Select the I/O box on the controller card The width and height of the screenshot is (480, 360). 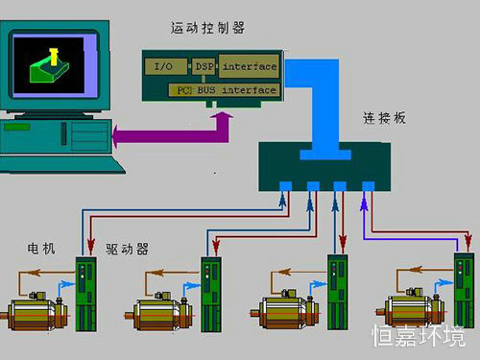tap(163, 67)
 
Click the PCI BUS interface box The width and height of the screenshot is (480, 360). tap(227, 90)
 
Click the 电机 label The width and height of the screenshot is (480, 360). tap(40, 248)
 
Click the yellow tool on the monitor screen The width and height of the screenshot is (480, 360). tap(52, 48)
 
